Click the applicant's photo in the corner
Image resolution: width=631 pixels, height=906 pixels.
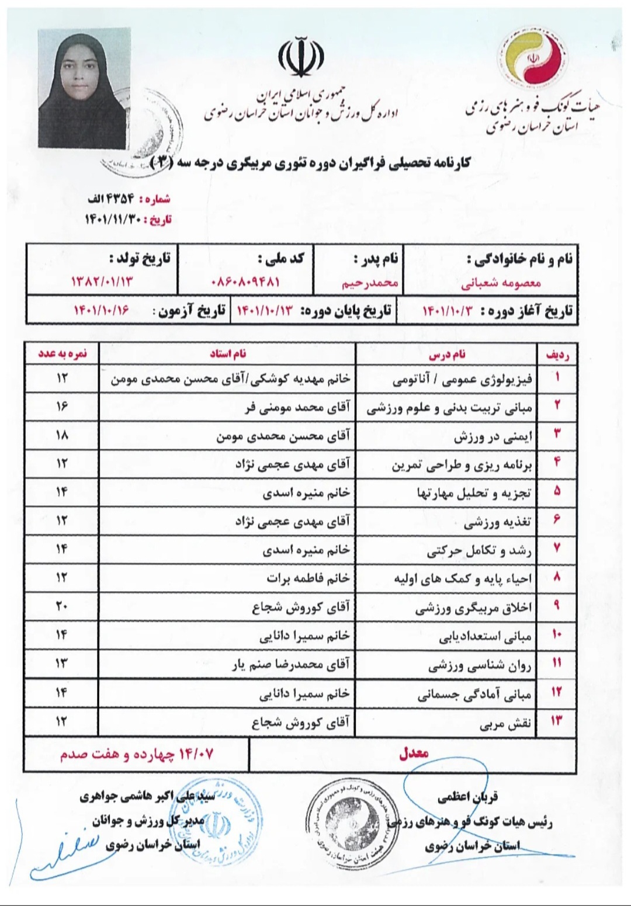coord(82,89)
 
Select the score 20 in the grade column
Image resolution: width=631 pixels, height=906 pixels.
coord(62,606)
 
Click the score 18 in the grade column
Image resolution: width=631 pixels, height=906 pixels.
coord(62,435)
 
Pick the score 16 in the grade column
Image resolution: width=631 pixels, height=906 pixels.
coord(62,406)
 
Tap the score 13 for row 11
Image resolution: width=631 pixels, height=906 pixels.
coord(62,663)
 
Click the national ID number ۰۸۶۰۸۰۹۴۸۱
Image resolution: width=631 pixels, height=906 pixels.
coord(245,282)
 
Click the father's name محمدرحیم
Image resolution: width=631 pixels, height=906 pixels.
coord(370,283)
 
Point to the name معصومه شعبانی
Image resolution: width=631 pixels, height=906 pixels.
coord(502,283)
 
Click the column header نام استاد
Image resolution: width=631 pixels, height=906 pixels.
coord(228,354)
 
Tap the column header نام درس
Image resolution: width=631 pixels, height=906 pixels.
coord(447,354)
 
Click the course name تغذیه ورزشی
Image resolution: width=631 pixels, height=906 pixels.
coord(498,522)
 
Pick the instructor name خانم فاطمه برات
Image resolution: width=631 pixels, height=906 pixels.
coord(308,578)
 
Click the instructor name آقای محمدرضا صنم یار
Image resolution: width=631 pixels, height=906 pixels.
coord(290,664)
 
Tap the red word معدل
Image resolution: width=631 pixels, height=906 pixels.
coord(414,753)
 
